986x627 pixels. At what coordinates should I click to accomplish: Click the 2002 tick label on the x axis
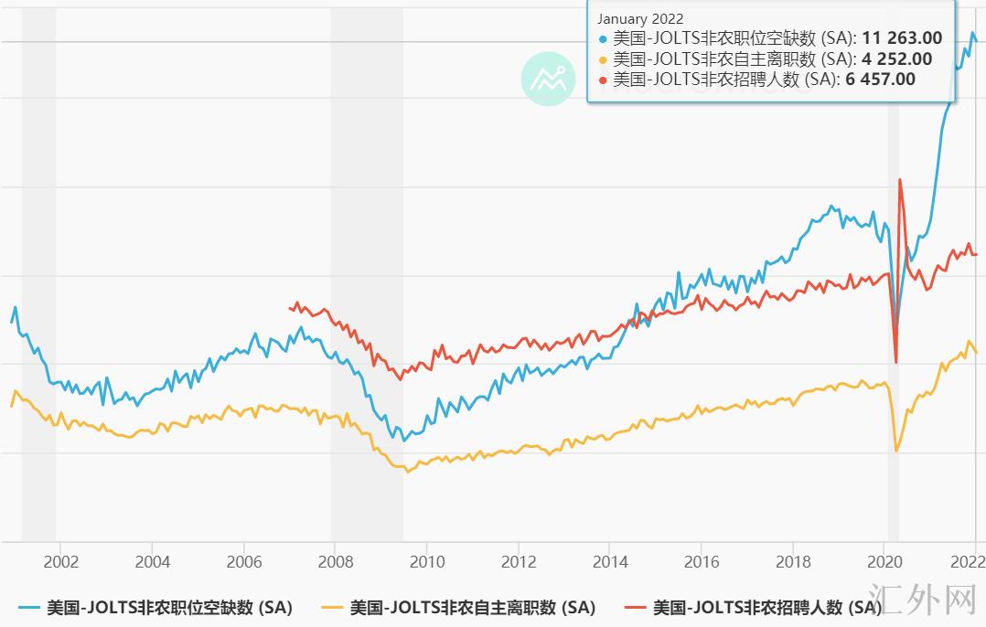click(60, 561)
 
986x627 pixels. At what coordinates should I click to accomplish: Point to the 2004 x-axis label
click(153, 561)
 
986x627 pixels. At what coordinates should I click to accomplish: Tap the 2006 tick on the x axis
click(244, 561)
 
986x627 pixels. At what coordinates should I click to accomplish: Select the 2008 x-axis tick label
click(336, 561)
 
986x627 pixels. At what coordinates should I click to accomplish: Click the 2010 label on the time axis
click(427, 561)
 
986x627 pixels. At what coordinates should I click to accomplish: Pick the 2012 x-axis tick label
click(519, 561)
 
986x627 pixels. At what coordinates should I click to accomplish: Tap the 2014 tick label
click(610, 561)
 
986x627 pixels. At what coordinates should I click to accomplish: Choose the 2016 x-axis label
click(702, 561)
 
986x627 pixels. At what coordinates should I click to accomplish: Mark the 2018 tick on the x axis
click(793, 561)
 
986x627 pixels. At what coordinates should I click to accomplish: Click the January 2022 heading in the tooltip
click(640, 19)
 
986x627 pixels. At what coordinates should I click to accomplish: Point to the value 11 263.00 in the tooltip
click(901, 38)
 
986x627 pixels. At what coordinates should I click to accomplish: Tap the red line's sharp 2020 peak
click(900, 180)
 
